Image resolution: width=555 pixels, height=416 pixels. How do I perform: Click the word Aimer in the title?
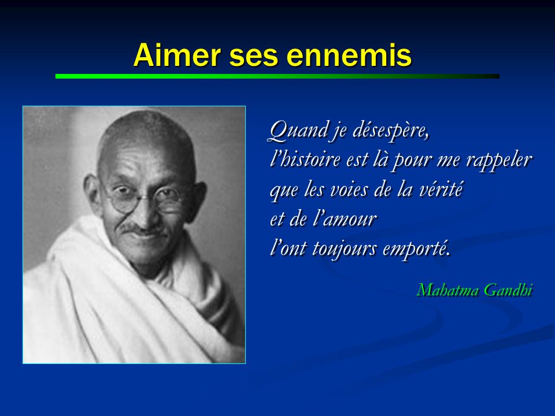click(x=177, y=55)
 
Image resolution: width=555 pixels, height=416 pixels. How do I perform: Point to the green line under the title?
click(x=277, y=76)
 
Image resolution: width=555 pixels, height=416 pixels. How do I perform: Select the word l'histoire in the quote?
click(x=305, y=159)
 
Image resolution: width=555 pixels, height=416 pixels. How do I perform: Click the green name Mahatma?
click(x=447, y=290)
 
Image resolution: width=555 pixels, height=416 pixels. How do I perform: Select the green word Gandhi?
click(x=508, y=290)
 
